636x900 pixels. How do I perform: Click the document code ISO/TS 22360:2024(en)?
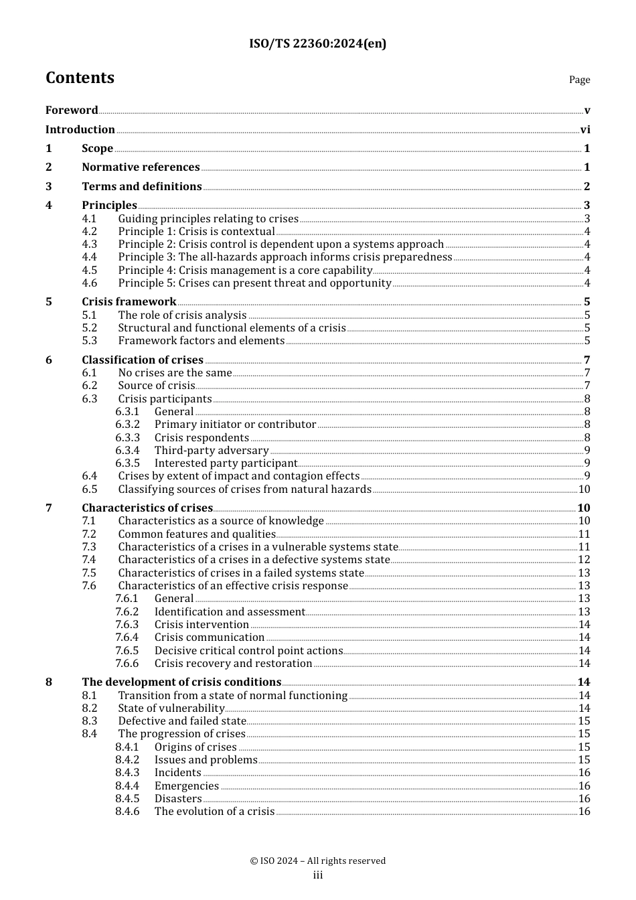(317, 44)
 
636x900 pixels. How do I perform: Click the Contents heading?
(80, 78)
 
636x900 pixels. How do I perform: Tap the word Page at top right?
(579, 80)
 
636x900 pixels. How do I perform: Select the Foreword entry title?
(72, 110)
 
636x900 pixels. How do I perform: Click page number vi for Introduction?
(584, 130)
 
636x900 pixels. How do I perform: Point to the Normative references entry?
(141, 167)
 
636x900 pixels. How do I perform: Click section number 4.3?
(90, 244)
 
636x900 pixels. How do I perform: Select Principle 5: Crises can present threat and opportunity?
(254, 283)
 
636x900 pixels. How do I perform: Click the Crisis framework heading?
(129, 302)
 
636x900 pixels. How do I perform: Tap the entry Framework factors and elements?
(202, 341)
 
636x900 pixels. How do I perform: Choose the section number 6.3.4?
(127, 451)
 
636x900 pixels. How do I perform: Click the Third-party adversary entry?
(212, 451)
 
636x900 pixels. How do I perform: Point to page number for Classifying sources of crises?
(584, 490)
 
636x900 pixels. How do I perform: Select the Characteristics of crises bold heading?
(147, 508)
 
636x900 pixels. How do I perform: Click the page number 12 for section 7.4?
(584, 560)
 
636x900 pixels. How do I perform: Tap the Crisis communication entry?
(210, 637)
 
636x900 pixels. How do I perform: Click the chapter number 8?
(49, 682)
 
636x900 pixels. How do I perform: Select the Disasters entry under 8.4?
(178, 799)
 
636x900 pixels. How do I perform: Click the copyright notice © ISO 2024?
(317, 861)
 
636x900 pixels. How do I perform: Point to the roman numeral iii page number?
(318, 875)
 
